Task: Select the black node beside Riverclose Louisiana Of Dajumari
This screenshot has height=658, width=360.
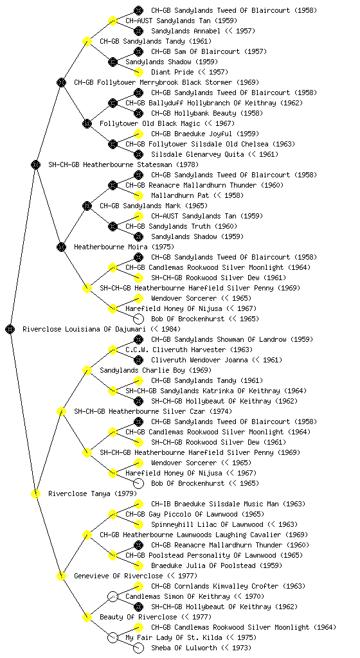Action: pyautogui.click(x=10, y=329)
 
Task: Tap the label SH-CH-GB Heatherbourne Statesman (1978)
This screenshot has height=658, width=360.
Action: pyautogui.click(x=123, y=165)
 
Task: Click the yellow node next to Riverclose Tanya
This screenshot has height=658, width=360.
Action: pyautogui.click(x=36, y=493)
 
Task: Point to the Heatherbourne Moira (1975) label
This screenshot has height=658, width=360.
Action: pyautogui.click(x=124, y=247)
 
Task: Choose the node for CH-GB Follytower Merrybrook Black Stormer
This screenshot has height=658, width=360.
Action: pyautogui.click(x=62, y=82)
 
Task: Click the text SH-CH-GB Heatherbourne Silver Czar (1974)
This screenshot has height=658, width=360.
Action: pyautogui.click(x=153, y=412)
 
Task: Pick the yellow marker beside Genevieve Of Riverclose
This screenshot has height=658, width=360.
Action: pyautogui.click(x=62, y=576)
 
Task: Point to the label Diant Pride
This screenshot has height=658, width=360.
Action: pyautogui.click(x=172, y=72)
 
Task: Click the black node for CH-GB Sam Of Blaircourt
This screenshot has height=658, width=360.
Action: pyautogui.click(x=138, y=51)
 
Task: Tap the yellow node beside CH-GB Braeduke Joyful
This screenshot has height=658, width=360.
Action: pyautogui.click(x=138, y=134)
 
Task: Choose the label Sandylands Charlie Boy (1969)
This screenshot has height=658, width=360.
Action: pyautogui.click(x=156, y=371)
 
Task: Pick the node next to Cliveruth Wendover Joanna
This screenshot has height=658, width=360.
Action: pyautogui.click(x=138, y=360)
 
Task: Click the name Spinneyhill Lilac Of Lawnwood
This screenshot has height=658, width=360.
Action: pyautogui.click(x=207, y=524)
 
